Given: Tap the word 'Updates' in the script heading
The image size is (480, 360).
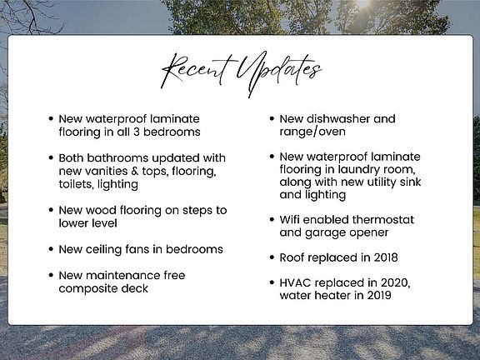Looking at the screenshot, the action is pos(278,73).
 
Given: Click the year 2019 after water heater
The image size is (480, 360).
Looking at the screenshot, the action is pos(379,295).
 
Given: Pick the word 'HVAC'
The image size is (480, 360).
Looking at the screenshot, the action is pos(295,282).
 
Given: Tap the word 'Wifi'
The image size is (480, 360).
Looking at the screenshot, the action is pos(289,220).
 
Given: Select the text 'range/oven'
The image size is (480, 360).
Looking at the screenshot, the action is pos(312,132).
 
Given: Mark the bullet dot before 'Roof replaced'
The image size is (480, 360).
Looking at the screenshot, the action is pos(272,257).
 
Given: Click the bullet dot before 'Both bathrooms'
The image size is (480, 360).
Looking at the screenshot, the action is pos(51,158).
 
